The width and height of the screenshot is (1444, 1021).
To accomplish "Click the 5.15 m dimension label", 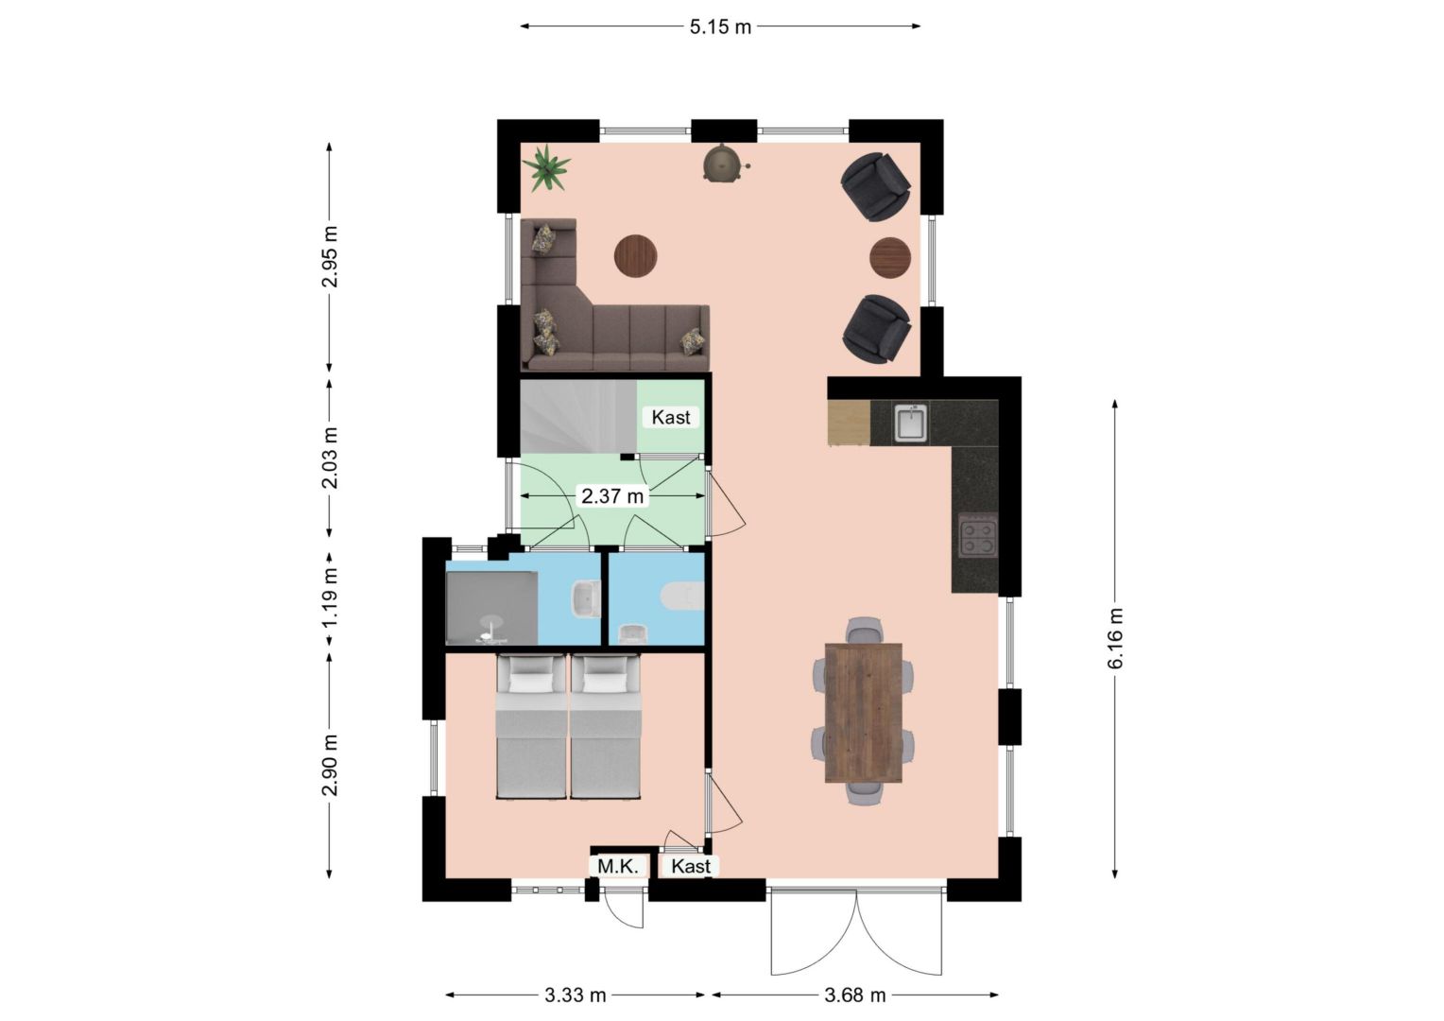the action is tap(720, 27).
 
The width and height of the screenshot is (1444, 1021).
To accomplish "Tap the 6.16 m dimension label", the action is tap(1115, 638).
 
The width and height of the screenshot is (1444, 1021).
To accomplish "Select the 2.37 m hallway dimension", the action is tap(612, 496).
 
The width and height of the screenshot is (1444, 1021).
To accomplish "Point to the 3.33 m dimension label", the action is tap(575, 995).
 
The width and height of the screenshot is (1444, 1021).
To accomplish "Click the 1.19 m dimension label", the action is tap(330, 597).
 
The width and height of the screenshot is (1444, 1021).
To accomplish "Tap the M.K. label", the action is tap(617, 866).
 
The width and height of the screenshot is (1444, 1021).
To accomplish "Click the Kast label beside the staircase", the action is tap(671, 417).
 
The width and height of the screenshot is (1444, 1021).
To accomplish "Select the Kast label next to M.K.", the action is tap(691, 866).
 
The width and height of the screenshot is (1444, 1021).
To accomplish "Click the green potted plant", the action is tap(546, 167).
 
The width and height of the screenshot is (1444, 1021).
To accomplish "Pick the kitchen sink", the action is tap(911, 422).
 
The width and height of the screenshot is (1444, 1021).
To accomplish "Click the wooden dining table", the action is tap(863, 712).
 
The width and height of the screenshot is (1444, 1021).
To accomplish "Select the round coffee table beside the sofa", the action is tap(636, 256).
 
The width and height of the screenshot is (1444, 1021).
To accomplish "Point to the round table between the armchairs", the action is tap(890, 258).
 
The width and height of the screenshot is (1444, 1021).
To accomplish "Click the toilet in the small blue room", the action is tap(682, 597).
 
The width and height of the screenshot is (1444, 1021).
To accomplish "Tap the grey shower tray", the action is tap(491, 608).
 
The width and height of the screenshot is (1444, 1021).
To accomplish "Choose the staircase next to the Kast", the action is tap(579, 416).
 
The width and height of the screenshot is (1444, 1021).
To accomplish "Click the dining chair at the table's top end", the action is tap(863, 631).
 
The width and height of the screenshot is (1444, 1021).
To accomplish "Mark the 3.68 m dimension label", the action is tap(855, 995).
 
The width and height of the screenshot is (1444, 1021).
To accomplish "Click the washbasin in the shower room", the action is tap(585, 598).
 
